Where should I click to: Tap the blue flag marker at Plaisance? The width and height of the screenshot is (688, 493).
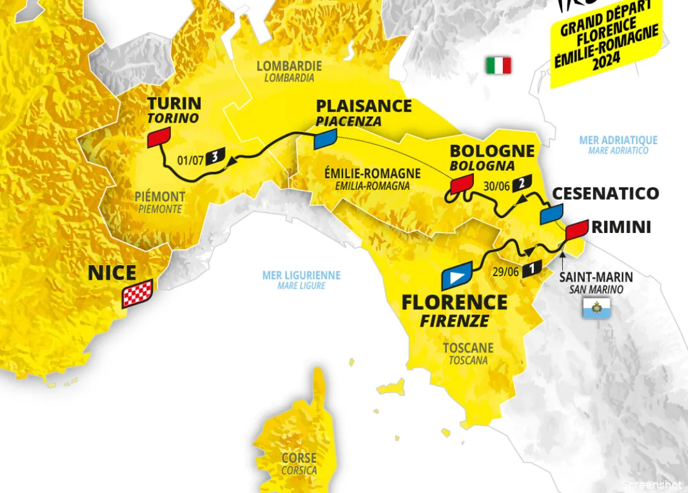coord(325,139)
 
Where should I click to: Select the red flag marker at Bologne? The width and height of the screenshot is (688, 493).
coord(462,183)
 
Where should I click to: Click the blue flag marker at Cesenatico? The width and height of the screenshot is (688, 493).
coord(551,214)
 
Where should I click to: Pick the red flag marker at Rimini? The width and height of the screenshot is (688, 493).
coord(576,229)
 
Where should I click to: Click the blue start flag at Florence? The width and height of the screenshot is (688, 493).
coord(457,276)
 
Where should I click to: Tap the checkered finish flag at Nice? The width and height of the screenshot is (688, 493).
coord(137,296)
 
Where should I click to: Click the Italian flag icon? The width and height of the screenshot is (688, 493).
coord(499,65)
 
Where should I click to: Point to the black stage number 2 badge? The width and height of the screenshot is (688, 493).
coord(522,182)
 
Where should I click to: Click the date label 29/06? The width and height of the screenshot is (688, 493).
coord(506,270)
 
